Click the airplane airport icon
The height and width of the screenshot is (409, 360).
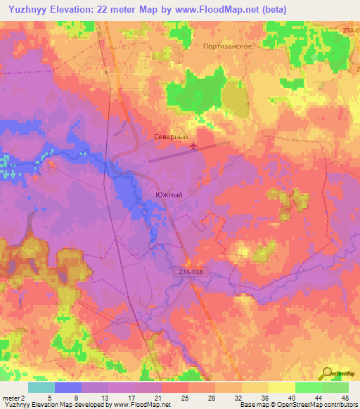pos(193,146)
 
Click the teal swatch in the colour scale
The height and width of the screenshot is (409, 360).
pos(41,387)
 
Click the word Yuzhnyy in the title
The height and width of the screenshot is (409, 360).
pos(31,11)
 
